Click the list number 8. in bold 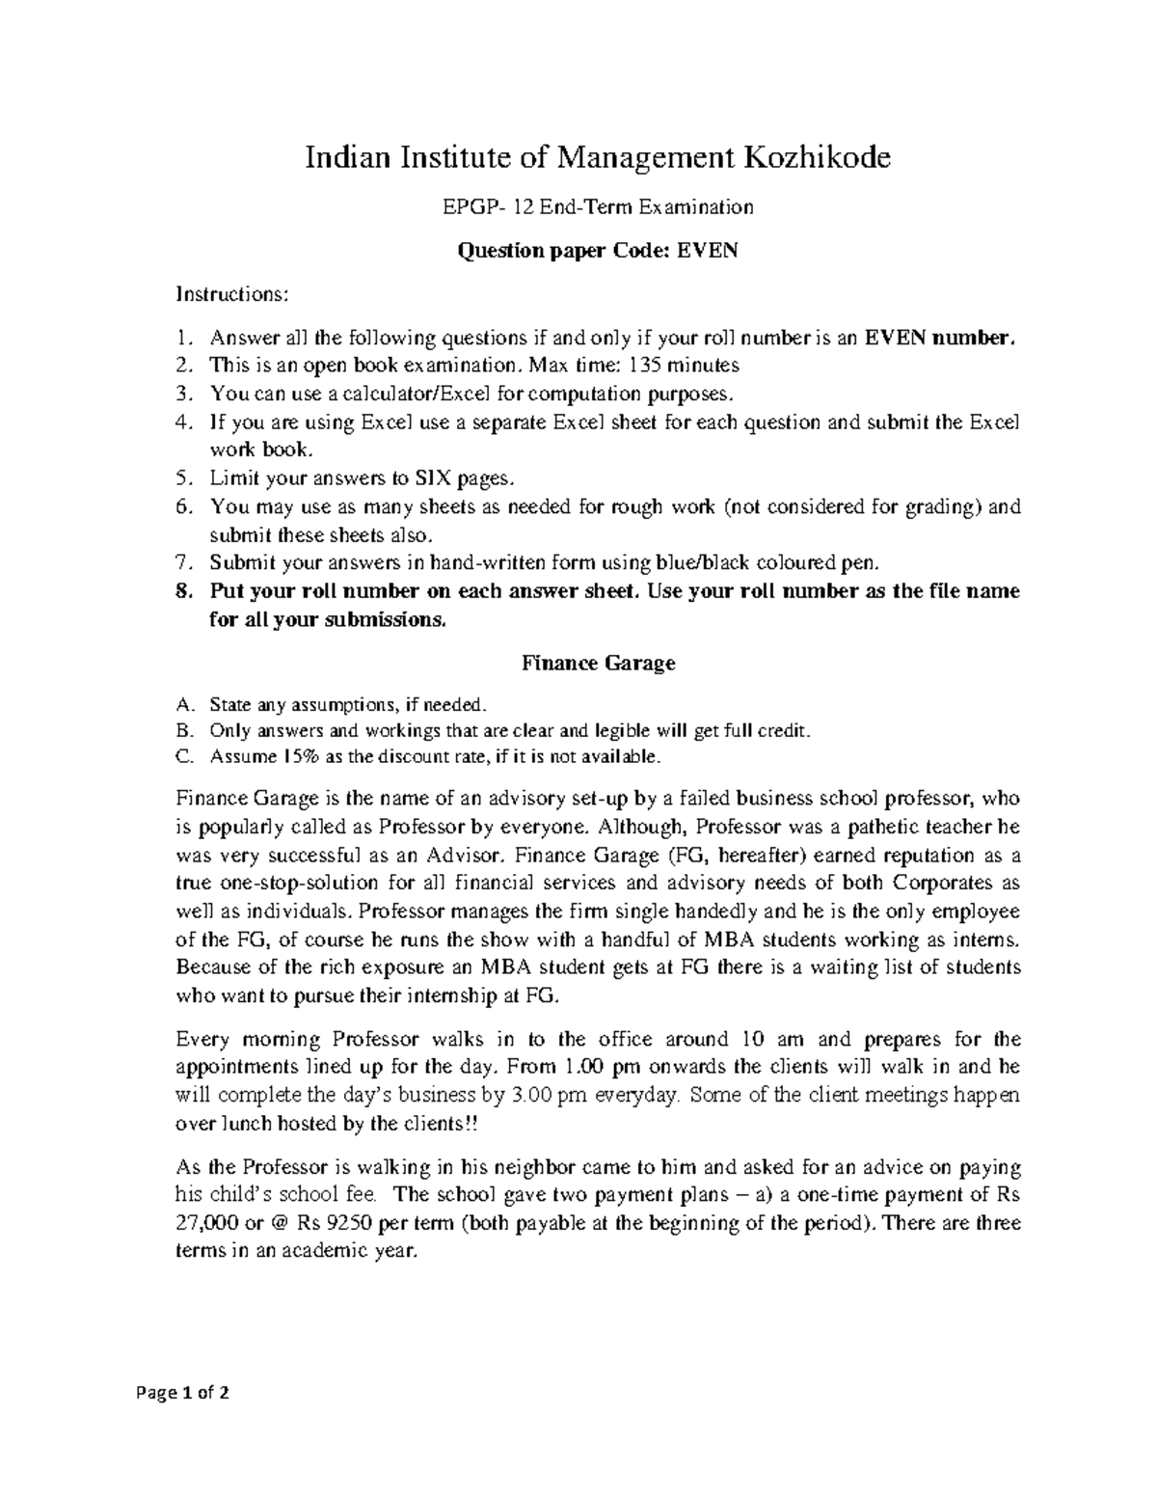pyautogui.click(x=185, y=591)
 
